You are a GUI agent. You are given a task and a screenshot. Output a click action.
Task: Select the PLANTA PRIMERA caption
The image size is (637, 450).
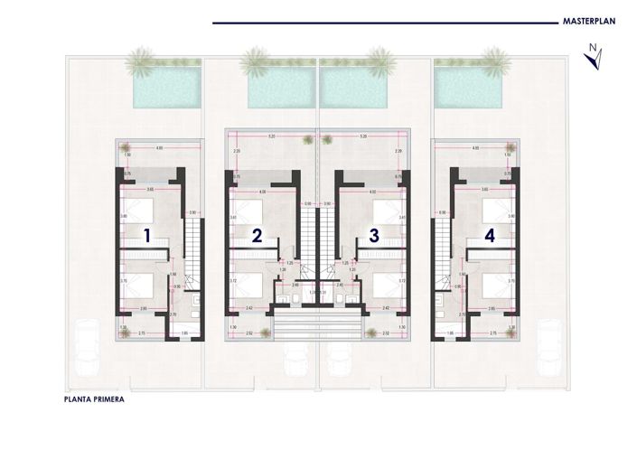point(95,397)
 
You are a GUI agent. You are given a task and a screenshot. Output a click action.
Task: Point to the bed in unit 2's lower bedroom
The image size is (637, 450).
point(248,286)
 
